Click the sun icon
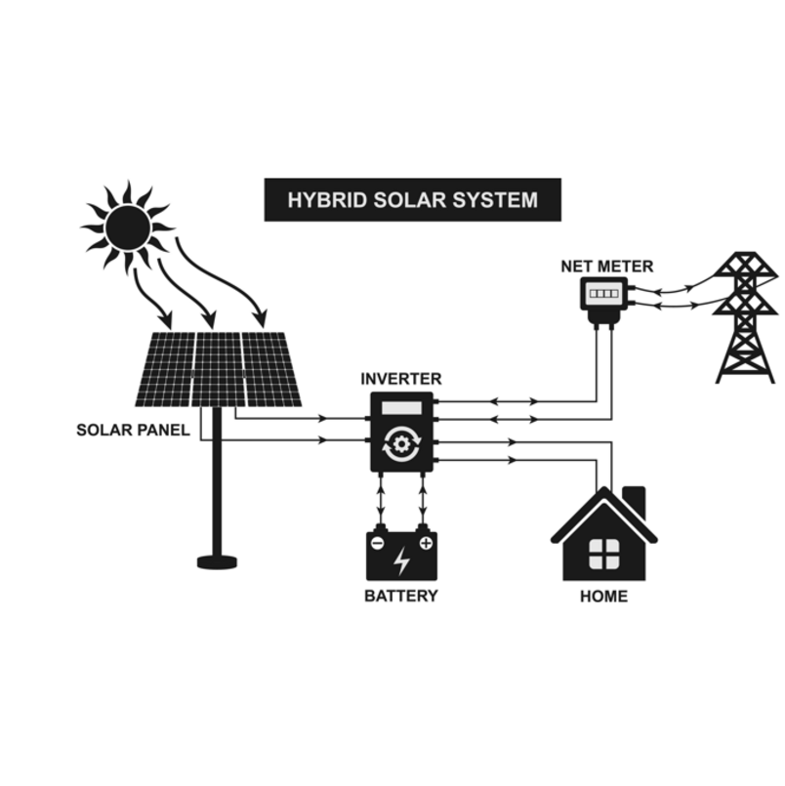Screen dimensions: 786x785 (x=128, y=228)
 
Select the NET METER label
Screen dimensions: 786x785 (x=606, y=266)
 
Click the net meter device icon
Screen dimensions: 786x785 (x=604, y=293)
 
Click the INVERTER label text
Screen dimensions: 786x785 (x=400, y=379)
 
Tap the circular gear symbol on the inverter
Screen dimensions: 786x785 (x=400, y=443)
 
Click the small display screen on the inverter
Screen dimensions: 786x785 (x=400, y=408)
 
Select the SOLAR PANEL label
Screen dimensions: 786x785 (x=133, y=430)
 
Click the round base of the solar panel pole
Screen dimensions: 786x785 (x=217, y=561)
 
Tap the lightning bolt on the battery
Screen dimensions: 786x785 (x=401, y=560)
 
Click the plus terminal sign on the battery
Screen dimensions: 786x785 (x=425, y=541)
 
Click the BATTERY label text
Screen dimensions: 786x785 (x=400, y=596)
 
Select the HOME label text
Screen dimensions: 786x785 (x=603, y=596)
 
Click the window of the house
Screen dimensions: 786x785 (x=603, y=553)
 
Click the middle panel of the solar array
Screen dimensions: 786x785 (x=218, y=369)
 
